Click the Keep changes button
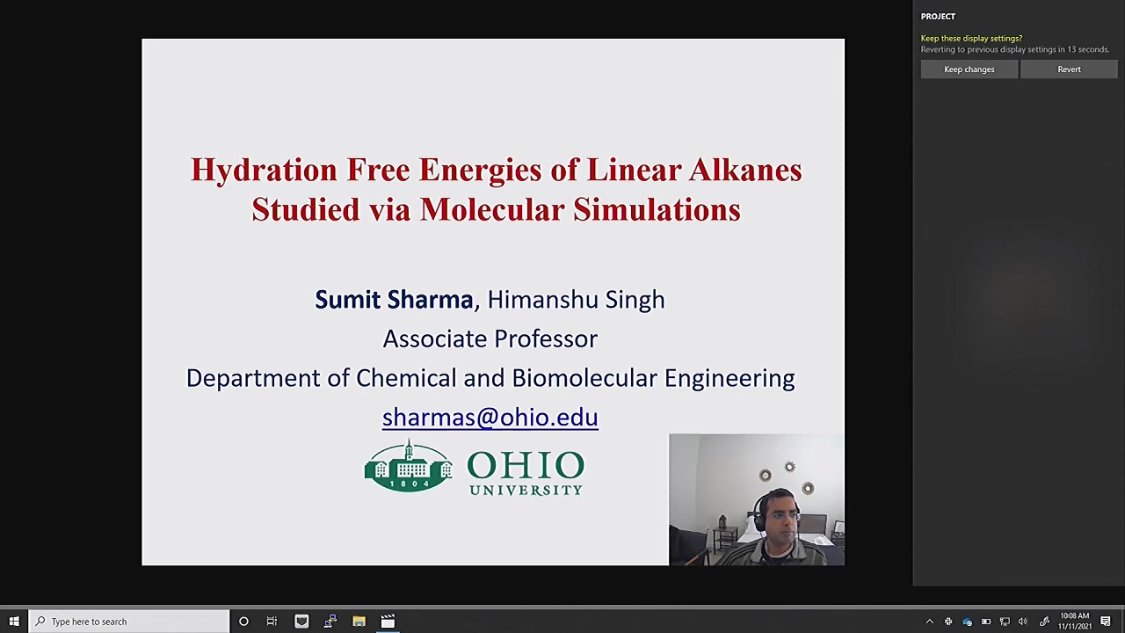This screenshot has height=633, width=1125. coord(969,69)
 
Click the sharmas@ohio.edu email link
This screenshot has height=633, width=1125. coord(490,417)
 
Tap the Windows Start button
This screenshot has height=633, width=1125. coord(14,622)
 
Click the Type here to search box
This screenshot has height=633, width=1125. coord(129,622)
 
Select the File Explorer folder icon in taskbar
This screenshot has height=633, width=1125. coord(359,622)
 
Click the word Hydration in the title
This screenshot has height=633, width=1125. coord(264,170)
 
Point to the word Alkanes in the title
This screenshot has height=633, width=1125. coord(745,170)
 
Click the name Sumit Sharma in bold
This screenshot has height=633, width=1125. coord(394,300)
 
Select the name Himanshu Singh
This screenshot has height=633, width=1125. coord(576,300)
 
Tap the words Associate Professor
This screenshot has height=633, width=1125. coord(490,338)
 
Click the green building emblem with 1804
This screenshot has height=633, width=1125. coord(409,466)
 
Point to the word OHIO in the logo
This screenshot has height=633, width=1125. coord(526,465)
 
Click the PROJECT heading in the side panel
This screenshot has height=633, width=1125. coord(938,17)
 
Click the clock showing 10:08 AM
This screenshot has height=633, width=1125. coord(1074,616)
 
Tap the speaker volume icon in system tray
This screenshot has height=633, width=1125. coord(1023,622)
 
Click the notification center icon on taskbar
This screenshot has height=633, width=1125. coord(1106,622)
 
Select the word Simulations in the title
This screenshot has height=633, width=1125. coord(657,209)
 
